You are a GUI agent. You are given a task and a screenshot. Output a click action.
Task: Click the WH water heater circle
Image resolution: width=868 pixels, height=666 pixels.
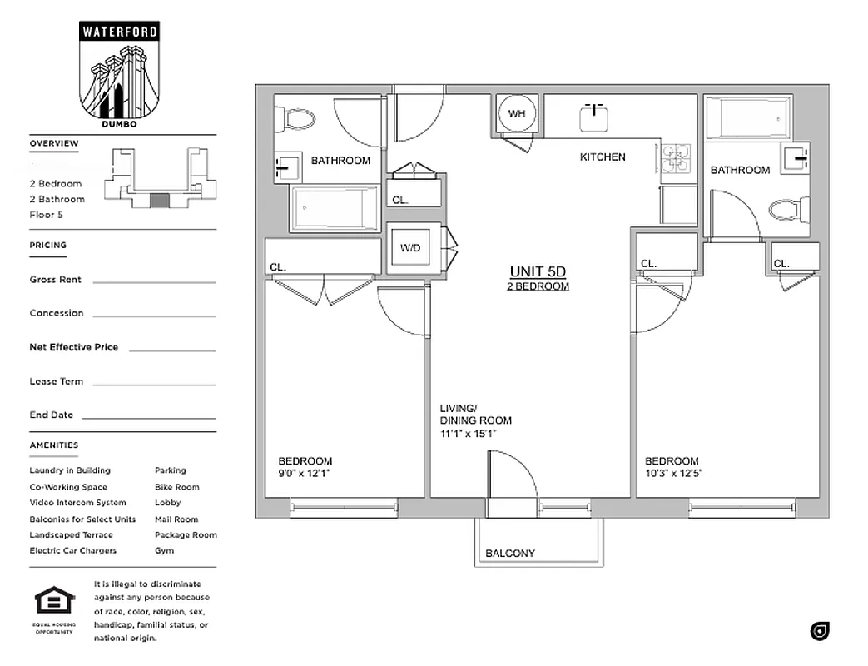pos(517,114)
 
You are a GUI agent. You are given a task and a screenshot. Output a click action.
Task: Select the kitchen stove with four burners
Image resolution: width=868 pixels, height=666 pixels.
pos(676,157)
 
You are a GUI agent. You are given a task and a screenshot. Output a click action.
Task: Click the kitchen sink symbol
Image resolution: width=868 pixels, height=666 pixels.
pos(596,117)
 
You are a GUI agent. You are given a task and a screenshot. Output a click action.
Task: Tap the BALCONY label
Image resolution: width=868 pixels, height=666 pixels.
pos(510,553)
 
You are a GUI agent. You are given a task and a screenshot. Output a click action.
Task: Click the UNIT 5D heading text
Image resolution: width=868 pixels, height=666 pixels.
pos(538,271)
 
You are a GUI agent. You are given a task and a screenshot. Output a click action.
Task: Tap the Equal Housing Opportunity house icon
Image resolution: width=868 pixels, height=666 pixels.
pos(54,600)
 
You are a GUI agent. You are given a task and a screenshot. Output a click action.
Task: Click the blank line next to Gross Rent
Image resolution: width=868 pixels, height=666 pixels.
pos(154,281)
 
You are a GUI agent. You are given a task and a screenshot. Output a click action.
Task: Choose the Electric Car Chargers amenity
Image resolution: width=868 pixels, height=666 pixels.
pos(73,550)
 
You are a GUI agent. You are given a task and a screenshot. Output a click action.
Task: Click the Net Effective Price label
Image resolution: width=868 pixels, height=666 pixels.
pos(74,347)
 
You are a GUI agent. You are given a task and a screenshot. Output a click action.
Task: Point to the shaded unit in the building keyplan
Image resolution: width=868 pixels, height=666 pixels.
pos(160,200)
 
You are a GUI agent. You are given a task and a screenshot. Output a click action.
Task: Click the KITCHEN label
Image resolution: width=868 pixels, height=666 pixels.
pos(603,157)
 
